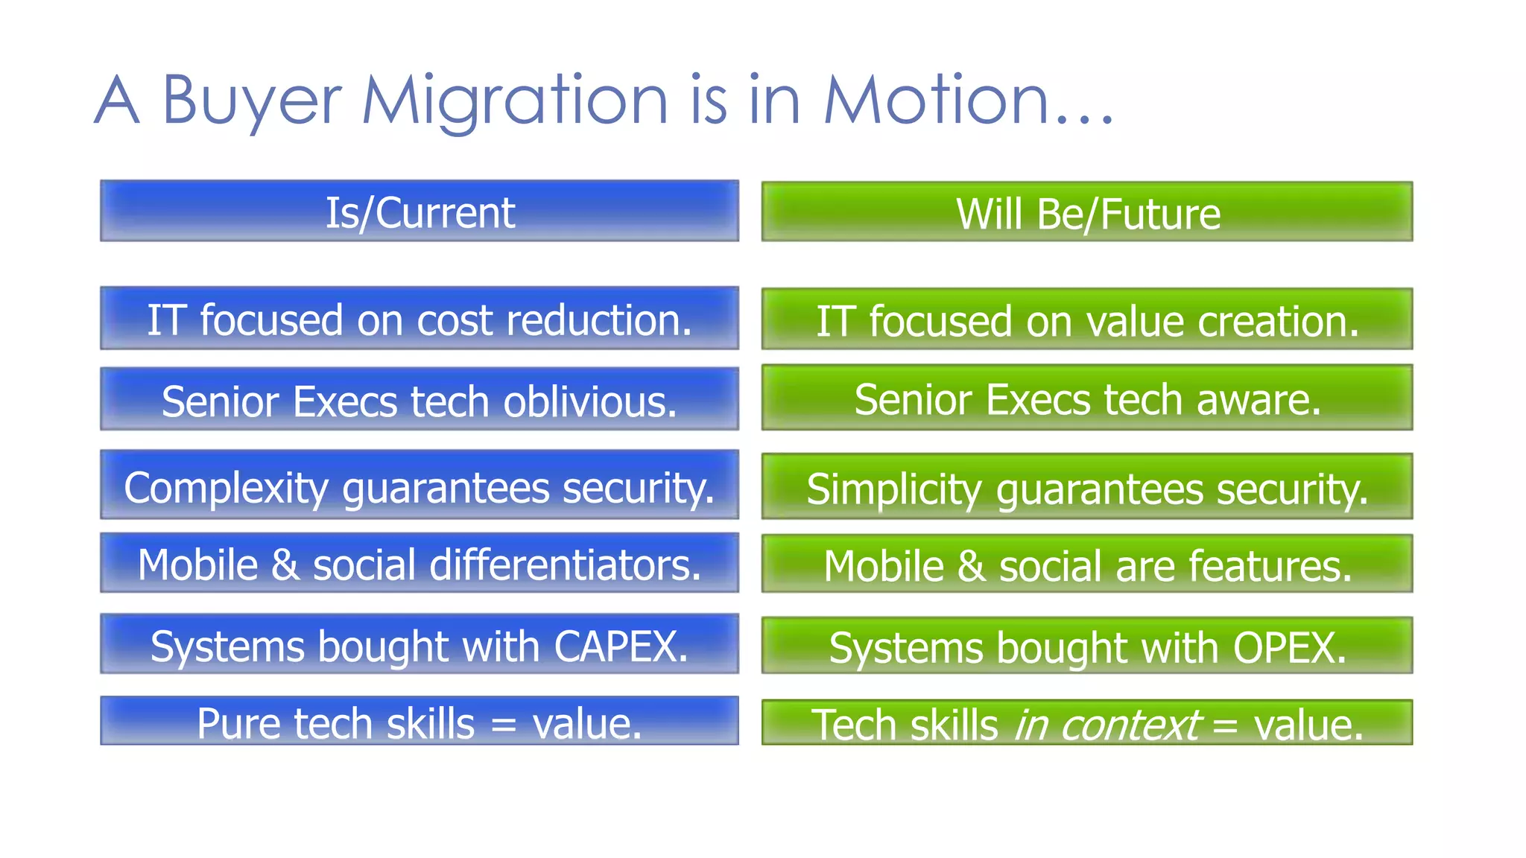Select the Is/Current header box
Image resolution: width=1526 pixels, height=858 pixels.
tap(420, 212)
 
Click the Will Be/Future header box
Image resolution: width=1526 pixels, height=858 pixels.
tap(1087, 213)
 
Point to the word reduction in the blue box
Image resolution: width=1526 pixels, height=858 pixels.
tap(599, 320)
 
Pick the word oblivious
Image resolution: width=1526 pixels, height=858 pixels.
tap(590, 401)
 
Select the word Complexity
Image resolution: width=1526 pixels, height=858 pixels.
tap(226, 489)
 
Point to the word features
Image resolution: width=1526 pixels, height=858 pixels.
tap(1270, 566)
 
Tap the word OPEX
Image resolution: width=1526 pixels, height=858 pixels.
tap(1290, 648)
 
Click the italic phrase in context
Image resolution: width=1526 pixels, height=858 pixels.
tap(1106, 725)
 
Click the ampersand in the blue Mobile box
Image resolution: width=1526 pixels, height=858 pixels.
tap(285, 565)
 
